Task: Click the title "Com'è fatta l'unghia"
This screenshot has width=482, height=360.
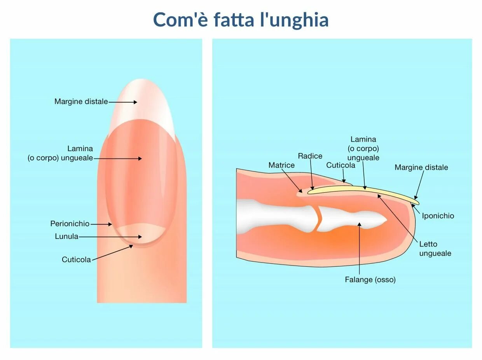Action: [x=241, y=20]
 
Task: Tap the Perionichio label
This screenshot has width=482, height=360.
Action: [x=70, y=224]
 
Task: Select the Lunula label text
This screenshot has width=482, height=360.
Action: [x=66, y=237]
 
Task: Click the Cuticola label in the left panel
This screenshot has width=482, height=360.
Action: [x=76, y=259]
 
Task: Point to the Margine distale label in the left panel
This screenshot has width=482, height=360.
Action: [x=81, y=102]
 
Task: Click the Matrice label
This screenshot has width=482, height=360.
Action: [x=281, y=165]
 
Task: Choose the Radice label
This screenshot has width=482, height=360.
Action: [x=310, y=156]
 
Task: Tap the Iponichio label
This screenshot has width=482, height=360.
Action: [x=438, y=216]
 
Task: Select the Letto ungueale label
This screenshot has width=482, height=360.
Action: [x=435, y=249]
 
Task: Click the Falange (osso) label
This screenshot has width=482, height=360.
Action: [x=370, y=280]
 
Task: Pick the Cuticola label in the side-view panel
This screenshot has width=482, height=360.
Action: [x=341, y=165]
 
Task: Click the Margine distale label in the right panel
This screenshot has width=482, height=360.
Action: [x=421, y=167]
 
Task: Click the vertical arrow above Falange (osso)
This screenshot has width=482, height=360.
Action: [x=360, y=249]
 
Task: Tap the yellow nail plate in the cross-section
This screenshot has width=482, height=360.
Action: [x=361, y=190]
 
